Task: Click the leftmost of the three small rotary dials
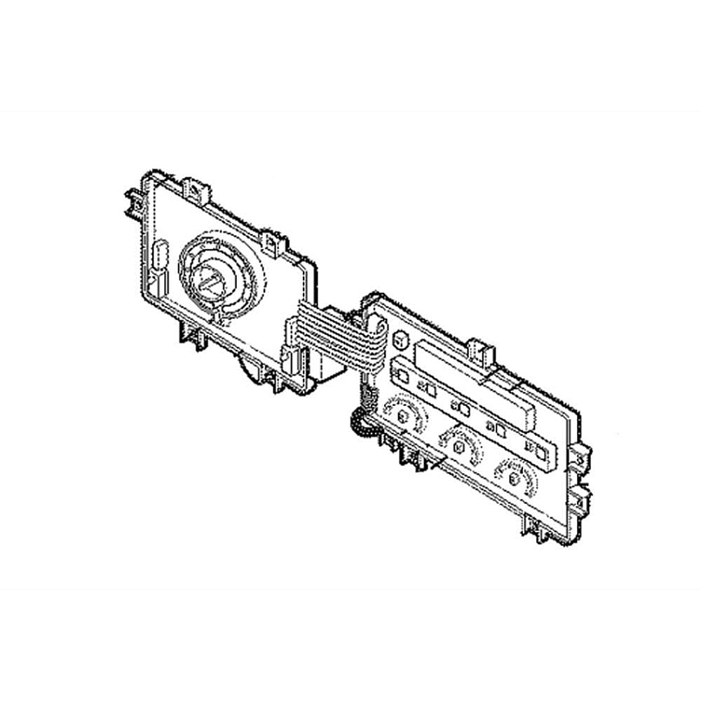click(402, 416)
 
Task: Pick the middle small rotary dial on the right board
click(459, 447)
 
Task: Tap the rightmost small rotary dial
click(515, 479)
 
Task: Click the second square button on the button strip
click(430, 389)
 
